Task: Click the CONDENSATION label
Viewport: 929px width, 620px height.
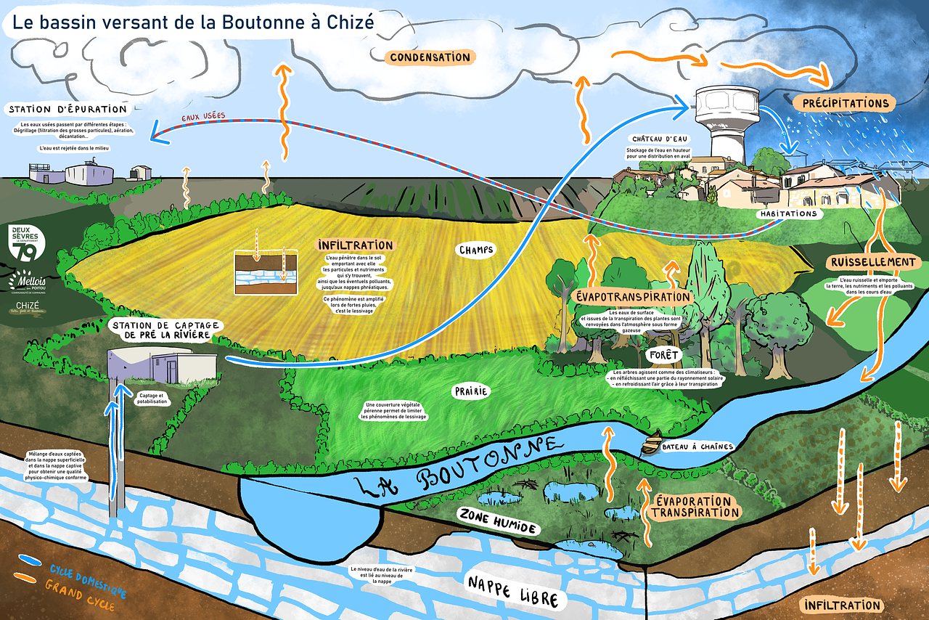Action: coord(429,57)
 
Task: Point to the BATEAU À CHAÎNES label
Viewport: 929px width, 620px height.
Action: coord(697,446)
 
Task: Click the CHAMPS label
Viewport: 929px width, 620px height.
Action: coord(475,250)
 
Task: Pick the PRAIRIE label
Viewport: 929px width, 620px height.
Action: coord(471,391)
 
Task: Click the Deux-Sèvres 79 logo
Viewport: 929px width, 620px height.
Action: coord(28,243)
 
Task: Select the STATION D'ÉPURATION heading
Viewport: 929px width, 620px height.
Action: coord(67,110)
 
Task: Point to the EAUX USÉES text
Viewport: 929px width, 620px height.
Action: coord(202,116)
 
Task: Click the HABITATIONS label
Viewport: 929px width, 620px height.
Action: coord(789,213)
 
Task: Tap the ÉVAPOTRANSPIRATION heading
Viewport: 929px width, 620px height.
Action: coord(631,297)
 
